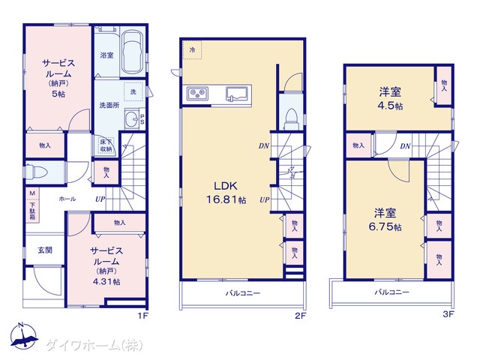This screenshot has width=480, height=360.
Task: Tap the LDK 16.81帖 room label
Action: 226,193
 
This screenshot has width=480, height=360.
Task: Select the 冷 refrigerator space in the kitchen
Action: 192,50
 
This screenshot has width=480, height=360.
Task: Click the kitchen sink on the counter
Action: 237,94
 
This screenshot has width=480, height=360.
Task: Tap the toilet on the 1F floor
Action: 37,172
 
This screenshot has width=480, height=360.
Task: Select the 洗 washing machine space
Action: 133,91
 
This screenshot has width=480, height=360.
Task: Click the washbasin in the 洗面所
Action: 132,118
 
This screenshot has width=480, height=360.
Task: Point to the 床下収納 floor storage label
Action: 106,145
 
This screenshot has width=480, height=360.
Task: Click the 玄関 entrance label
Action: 45,250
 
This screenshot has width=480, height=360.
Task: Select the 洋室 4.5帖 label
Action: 390,98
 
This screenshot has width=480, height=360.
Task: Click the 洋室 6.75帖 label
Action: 385,220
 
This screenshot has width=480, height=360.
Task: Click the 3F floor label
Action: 448,314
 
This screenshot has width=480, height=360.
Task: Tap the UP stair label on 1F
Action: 100,199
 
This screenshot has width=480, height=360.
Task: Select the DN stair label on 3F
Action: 405,146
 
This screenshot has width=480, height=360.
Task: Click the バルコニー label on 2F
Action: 243,293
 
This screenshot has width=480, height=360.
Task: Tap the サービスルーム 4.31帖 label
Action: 106,265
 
